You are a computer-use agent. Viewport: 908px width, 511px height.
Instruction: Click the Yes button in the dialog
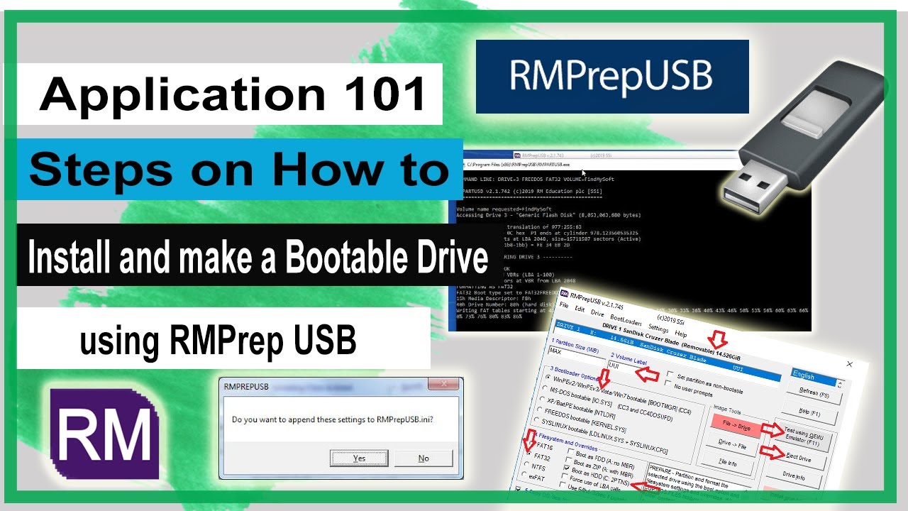click(359, 458)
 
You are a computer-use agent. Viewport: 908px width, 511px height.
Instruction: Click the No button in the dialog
click(423, 458)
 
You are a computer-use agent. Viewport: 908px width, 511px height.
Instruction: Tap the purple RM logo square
click(104, 435)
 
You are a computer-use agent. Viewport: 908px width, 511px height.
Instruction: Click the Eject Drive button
click(799, 459)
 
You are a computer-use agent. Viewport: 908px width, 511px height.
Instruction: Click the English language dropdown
click(816, 376)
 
